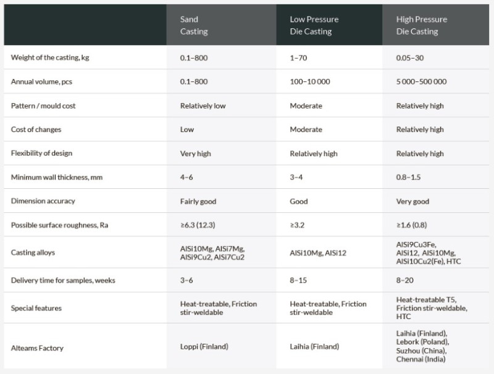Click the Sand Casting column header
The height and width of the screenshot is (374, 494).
point(194,25)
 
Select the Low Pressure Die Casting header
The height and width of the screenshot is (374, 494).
point(314,25)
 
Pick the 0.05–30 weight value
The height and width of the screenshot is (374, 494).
point(409,57)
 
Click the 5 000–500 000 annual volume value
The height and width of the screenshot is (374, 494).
point(421,81)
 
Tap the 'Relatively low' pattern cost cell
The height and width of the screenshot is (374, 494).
point(203,106)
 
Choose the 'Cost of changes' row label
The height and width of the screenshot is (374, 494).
point(36,130)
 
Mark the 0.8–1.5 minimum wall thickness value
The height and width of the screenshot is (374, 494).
point(408,178)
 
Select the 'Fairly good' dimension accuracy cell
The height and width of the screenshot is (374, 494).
point(198,202)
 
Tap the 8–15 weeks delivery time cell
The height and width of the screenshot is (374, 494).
point(299,281)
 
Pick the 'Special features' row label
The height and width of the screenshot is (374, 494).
point(36,308)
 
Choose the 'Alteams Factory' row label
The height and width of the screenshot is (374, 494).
point(36,348)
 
